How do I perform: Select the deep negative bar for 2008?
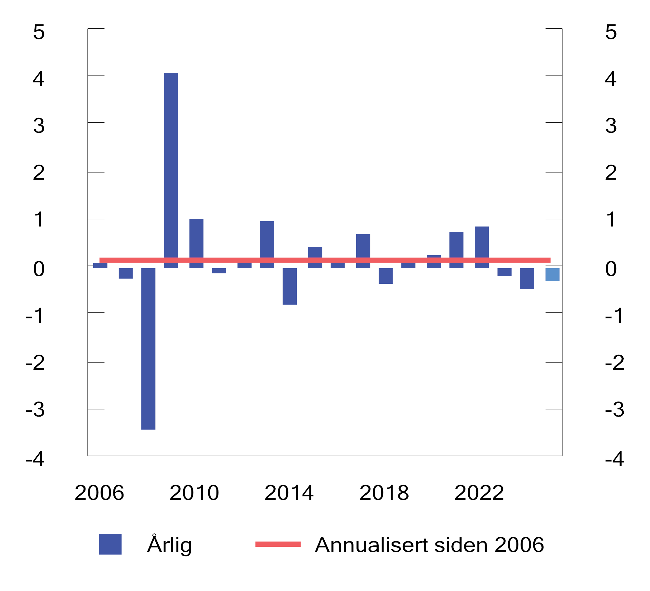[x=148, y=348]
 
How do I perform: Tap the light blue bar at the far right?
[x=552, y=275]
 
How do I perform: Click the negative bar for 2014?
[x=290, y=286]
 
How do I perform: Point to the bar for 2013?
[x=267, y=241]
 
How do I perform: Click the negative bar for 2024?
[x=527, y=279]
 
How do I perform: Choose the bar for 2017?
[x=363, y=247]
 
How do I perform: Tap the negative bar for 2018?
[x=385, y=276]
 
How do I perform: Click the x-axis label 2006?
[x=99, y=493]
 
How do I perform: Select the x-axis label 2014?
[x=289, y=493]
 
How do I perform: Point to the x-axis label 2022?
[x=479, y=493]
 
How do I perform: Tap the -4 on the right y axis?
[x=614, y=459]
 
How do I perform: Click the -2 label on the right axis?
[x=614, y=363]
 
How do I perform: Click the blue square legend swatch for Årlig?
[x=110, y=544]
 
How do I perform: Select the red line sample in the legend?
[x=278, y=544]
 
